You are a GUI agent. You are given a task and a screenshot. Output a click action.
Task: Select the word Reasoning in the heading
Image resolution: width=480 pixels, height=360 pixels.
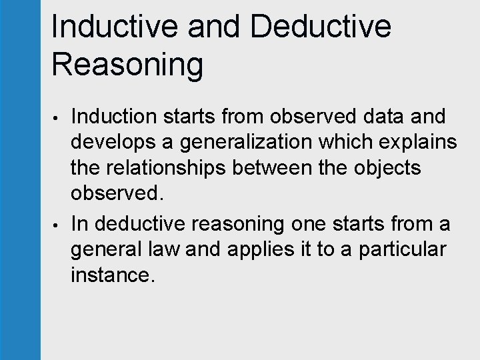pyautogui.click(x=127, y=65)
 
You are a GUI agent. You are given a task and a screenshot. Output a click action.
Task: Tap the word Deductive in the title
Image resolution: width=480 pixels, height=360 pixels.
pyautogui.click(x=321, y=27)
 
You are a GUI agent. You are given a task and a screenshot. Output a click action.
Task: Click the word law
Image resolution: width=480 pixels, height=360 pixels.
pyautogui.click(x=167, y=249)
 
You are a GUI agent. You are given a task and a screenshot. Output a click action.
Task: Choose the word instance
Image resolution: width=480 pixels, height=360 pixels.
pyautogui.click(x=113, y=275)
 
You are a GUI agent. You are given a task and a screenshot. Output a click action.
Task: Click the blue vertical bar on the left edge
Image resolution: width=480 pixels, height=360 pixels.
pyautogui.click(x=20, y=180)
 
